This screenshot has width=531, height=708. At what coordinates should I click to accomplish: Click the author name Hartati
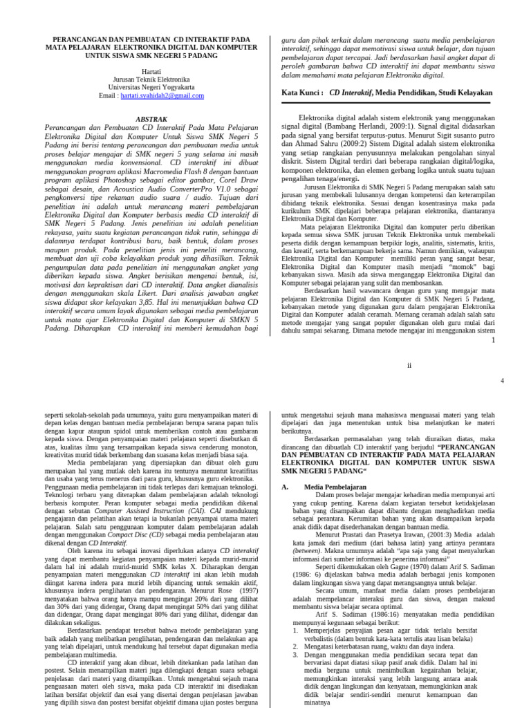151,71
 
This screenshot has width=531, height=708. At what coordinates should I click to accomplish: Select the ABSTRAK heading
151,119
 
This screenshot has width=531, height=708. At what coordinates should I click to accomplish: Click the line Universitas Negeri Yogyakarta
151,87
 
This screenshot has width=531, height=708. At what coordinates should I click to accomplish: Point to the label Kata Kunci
302,92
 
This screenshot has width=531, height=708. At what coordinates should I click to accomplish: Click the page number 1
493,339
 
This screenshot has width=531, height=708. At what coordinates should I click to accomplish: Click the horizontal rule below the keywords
389,106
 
